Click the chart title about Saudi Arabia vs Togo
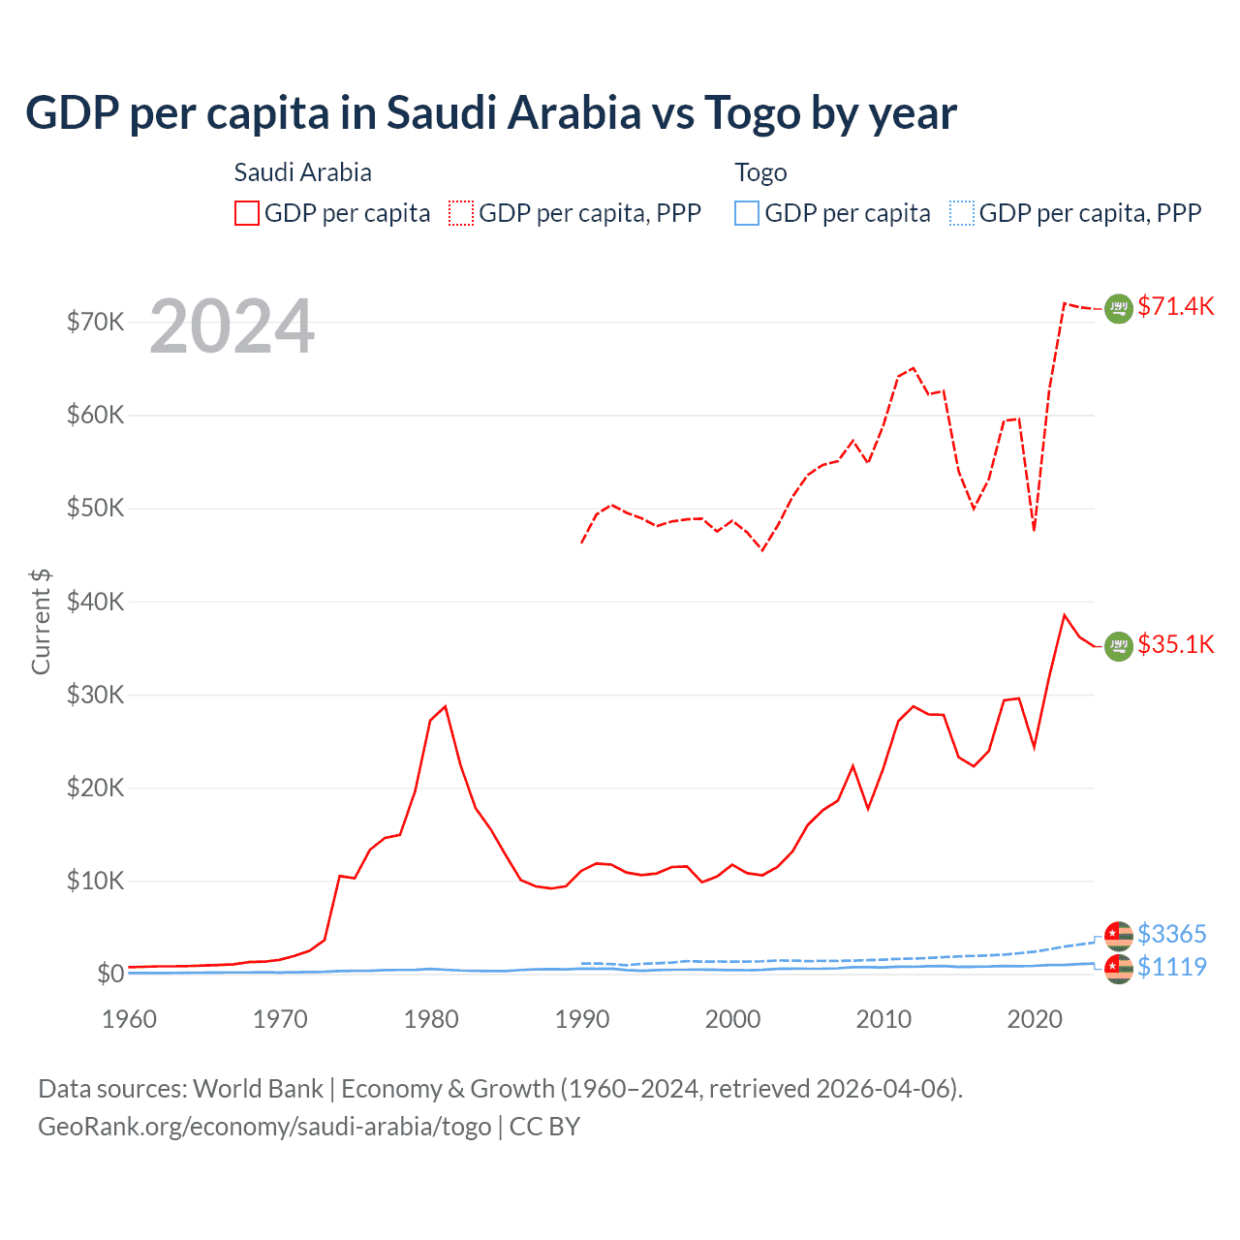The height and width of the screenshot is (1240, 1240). [x=491, y=113]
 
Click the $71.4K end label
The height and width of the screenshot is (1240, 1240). [x=1175, y=306]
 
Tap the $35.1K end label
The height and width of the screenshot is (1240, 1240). [x=1175, y=644]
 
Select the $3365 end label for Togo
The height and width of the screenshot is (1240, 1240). [x=1171, y=934]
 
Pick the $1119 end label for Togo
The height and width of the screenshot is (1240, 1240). [x=1171, y=967]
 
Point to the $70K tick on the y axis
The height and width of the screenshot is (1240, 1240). [x=95, y=322]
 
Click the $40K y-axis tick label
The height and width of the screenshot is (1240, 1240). [x=95, y=602]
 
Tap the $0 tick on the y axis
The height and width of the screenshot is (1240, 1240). [x=110, y=974]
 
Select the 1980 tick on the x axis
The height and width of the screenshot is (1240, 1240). [x=431, y=1019]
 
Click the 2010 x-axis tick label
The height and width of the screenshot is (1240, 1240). [x=883, y=1019]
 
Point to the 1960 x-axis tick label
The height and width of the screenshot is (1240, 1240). [x=130, y=1019]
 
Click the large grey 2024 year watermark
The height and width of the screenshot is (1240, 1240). [x=232, y=326]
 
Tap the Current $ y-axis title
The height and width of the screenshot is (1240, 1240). [x=41, y=621]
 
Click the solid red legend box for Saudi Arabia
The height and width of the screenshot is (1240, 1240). [x=247, y=213]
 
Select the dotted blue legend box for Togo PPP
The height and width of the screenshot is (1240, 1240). [x=962, y=213]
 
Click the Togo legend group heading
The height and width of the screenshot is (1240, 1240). [x=760, y=172]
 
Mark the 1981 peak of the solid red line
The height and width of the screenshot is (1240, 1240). [x=445, y=706]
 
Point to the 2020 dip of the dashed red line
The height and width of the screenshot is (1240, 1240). [x=1034, y=530]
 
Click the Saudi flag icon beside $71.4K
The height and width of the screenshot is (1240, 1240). [x=1119, y=308]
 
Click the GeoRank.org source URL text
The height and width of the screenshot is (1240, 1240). [x=264, y=1127]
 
